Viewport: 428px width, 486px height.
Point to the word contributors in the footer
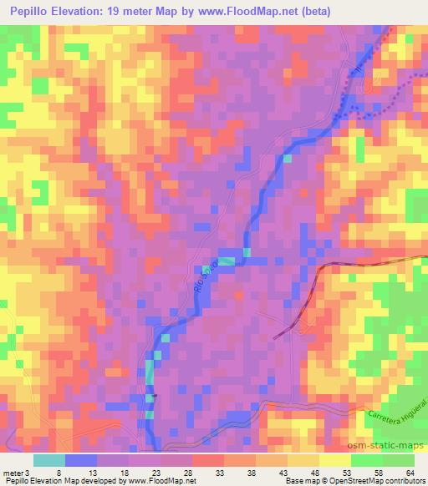405,480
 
